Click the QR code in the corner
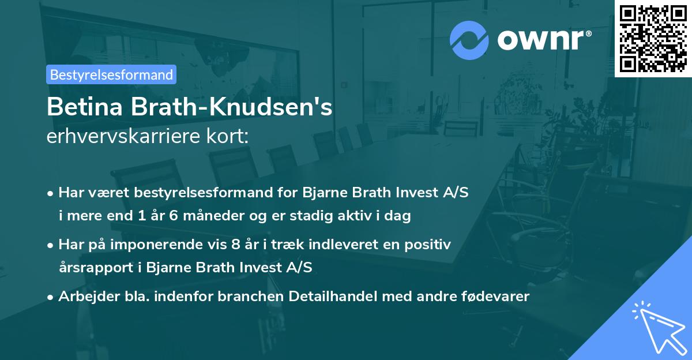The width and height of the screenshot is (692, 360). tap(653, 38)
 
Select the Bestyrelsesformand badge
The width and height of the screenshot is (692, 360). tap(111, 74)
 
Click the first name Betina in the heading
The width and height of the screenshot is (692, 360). tap(85, 108)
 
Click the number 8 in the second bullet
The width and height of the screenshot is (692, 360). tap(235, 244)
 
